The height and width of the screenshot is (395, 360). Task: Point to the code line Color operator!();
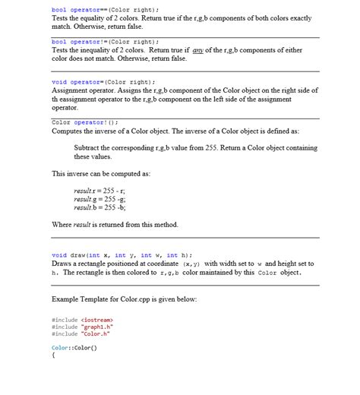(x=85, y=122)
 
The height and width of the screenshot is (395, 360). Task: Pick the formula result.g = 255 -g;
(x=99, y=197)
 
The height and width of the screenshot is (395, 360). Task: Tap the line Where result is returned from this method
(x=114, y=224)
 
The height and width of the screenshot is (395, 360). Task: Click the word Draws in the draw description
(x=62, y=264)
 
